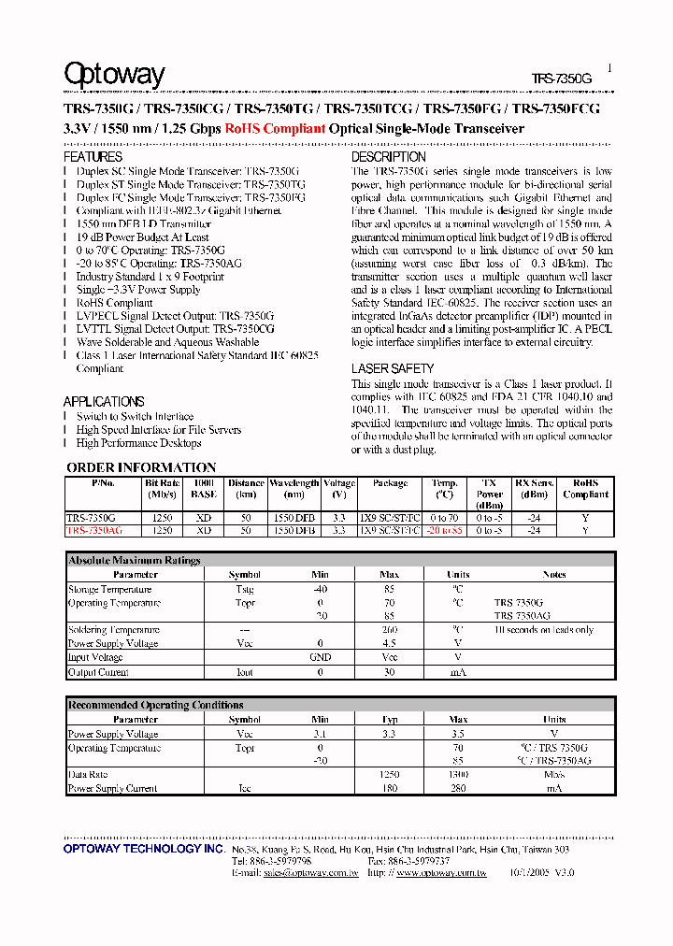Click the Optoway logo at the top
(x=114, y=75)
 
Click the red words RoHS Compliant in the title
(x=275, y=129)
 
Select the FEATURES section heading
(x=93, y=157)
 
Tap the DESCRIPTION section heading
(x=388, y=157)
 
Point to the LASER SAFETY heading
(x=393, y=369)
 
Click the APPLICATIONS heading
(x=104, y=401)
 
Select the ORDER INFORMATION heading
(x=141, y=467)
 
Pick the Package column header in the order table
(x=390, y=483)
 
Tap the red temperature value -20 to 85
(x=444, y=530)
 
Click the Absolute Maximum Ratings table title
(x=135, y=560)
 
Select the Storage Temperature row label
(x=109, y=590)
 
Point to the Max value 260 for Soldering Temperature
(x=390, y=630)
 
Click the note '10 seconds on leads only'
(x=544, y=630)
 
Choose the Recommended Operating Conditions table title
(x=156, y=705)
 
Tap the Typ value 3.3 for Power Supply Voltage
(x=390, y=734)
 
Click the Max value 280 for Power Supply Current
(x=458, y=789)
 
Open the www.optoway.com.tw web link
(x=441, y=872)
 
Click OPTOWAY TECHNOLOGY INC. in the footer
(x=143, y=849)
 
